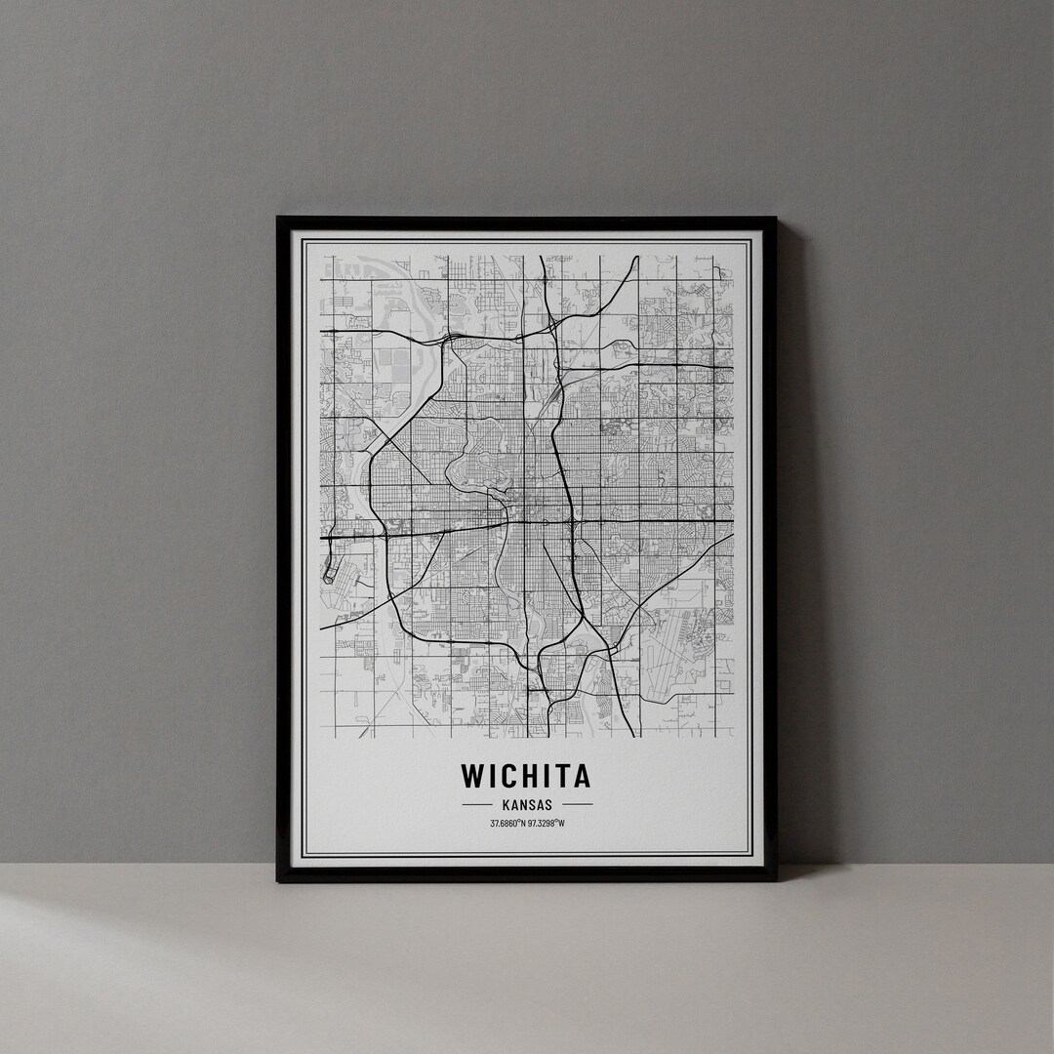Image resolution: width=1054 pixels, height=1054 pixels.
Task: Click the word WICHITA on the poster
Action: (526, 776)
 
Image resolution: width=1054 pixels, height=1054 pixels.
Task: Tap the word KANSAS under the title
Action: (527, 805)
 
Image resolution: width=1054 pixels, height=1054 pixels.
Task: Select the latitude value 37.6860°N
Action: (507, 824)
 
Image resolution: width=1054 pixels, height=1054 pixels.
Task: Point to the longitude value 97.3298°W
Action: (547, 824)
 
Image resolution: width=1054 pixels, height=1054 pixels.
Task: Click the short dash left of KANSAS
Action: (476, 805)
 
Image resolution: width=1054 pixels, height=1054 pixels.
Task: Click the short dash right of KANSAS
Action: (578, 805)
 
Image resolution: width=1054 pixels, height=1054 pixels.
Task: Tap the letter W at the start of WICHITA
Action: (472, 776)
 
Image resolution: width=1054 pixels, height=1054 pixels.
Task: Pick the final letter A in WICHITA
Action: (582, 776)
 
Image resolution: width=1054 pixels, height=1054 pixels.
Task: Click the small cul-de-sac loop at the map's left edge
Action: (329, 576)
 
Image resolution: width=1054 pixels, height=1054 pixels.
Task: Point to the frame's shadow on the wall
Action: (795, 547)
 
